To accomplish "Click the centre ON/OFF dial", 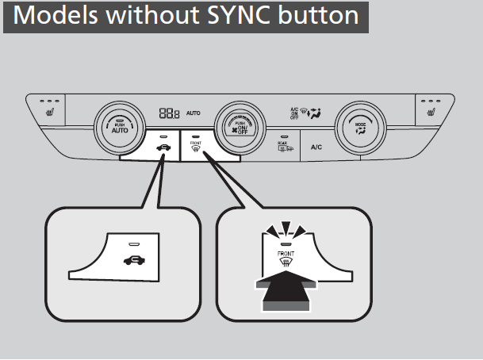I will [x=236, y=125].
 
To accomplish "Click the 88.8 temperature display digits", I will [x=169, y=113].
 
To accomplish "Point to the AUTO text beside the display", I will [x=193, y=113].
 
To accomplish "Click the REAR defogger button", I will [x=283, y=144].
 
